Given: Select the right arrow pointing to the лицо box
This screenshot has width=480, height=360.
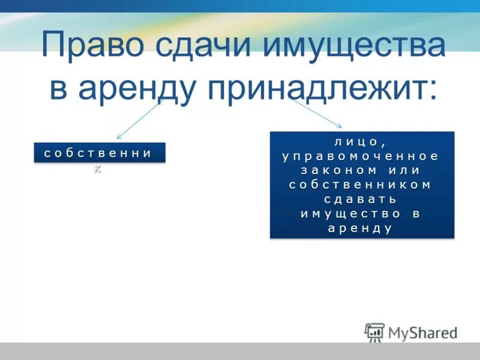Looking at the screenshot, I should pyautogui.click(x=317, y=114).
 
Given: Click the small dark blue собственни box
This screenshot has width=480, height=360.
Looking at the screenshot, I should pyautogui.click(x=98, y=153).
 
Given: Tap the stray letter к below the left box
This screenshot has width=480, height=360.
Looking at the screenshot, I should pyautogui.click(x=98, y=169).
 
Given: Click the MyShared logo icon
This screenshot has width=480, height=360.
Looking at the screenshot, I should pyautogui.click(x=374, y=332).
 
